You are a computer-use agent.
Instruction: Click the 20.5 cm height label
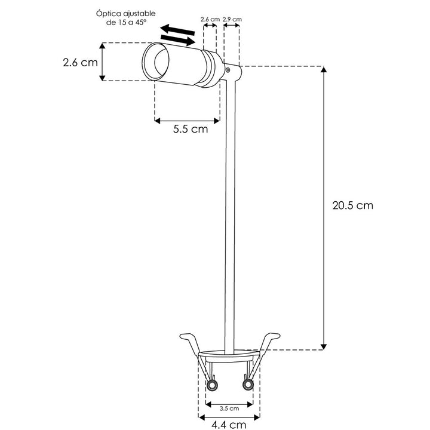click(x=352, y=205)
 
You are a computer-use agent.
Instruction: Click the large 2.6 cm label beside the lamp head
click(x=80, y=63)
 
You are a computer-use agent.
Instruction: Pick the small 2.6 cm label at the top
click(x=209, y=20)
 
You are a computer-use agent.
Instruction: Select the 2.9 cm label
click(x=232, y=20)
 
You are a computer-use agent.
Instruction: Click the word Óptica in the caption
click(x=107, y=13)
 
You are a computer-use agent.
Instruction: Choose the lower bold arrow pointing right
click(x=179, y=40)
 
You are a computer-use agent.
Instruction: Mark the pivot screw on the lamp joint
click(x=231, y=70)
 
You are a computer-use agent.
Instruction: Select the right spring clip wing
click(x=267, y=343)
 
